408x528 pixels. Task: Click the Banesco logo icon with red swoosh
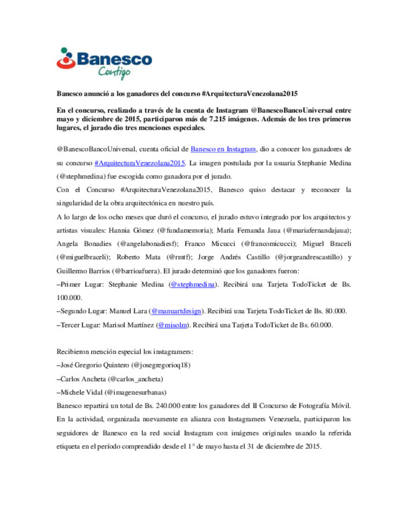(66, 59)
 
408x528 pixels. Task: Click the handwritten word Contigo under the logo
(114, 71)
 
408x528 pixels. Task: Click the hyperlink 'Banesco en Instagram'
(223, 149)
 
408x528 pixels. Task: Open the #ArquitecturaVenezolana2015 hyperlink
(139, 163)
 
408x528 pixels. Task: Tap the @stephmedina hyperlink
(193, 284)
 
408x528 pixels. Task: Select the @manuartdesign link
(176, 311)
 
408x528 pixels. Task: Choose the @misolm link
(172, 325)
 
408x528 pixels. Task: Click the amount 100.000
(69, 298)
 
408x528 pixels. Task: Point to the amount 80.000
(335, 311)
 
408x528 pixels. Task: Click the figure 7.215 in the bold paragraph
(218, 119)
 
